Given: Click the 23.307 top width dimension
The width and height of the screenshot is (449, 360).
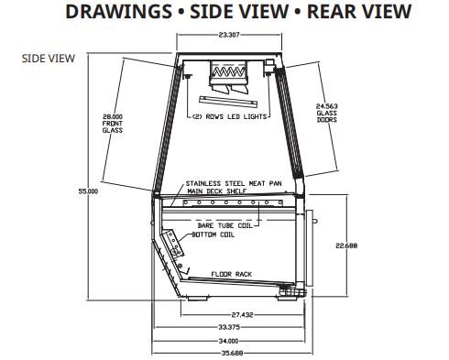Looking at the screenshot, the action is [x=229, y=35].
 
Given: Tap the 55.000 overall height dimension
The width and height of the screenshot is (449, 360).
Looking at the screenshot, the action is [x=88, y=191].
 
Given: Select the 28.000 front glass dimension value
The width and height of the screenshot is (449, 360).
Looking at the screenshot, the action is [x=113, y=116].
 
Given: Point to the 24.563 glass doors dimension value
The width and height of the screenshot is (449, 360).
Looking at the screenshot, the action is [x=327, y=106].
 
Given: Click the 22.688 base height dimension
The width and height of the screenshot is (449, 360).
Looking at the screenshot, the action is [x=346, y=245].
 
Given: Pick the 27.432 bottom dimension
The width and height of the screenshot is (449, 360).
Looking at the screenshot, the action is [x=242, y=315].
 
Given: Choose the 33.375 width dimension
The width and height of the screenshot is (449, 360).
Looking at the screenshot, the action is [x=229, y=327].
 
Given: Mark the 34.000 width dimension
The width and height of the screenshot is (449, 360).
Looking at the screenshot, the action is [x=228, y=341].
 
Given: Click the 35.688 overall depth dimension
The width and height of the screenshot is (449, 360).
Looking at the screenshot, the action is [x=232, y=354].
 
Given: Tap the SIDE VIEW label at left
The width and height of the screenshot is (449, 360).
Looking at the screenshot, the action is [x=49, y=59].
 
